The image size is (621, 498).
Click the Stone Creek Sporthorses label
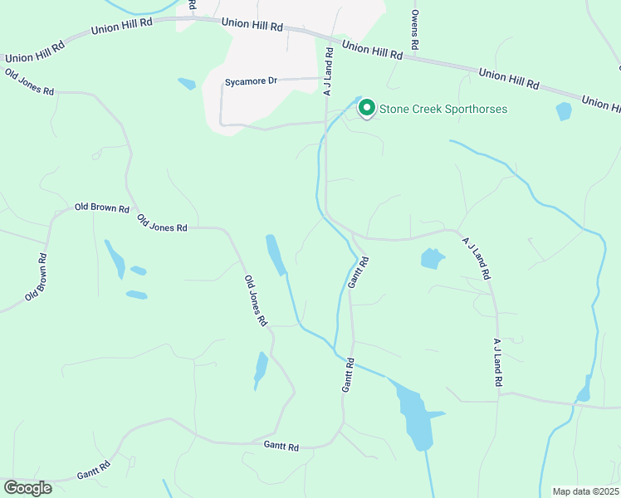(x=443, y=109)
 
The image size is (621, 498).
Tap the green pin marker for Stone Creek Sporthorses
(x=365, y=107)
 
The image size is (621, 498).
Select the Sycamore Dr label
(x=250, y=81)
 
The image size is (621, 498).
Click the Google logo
(x=27, y=487)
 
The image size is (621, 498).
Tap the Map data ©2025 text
(x=585, y=491)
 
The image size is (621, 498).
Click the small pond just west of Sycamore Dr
(x=187, y=83)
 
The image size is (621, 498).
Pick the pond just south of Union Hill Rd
(x=565, y=111)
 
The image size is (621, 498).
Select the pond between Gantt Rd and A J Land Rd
(x=432, y=259)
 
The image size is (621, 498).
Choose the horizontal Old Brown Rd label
(x=102, y=208)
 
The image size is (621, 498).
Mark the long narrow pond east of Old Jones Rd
(x=275, y=253)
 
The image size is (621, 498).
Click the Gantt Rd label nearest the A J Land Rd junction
(x=358, y=272)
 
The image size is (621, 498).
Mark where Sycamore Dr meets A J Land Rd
(x=325, y=78)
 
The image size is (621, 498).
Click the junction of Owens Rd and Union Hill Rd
(x=413, y=57)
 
